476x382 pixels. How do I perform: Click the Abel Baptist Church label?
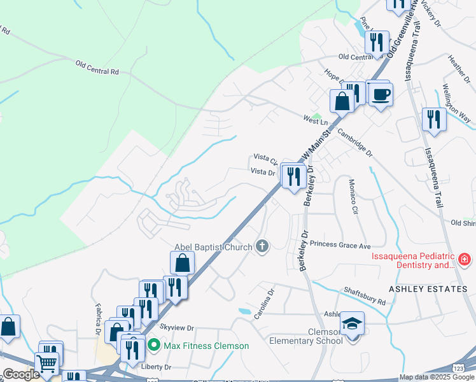coord(214,247)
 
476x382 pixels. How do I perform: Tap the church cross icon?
coord(262,246)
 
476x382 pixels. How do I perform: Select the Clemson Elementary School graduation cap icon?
coord(352,323)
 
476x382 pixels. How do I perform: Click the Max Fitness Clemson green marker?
coord(153,346)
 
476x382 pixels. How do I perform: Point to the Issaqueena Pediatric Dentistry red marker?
coord(465,259)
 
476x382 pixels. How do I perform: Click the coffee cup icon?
coord(381,95)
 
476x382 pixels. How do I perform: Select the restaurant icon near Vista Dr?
coord(293,175)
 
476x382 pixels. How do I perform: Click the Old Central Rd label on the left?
coord(97,67)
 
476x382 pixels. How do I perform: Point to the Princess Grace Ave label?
coord(340,245)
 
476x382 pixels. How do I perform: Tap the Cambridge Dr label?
coord(354,144)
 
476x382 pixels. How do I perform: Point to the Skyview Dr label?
coord(176,327)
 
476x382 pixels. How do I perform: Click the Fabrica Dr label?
coord(99,319)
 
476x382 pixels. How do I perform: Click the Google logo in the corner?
coord(22,374)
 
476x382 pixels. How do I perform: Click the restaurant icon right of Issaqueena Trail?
coord(434,119)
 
